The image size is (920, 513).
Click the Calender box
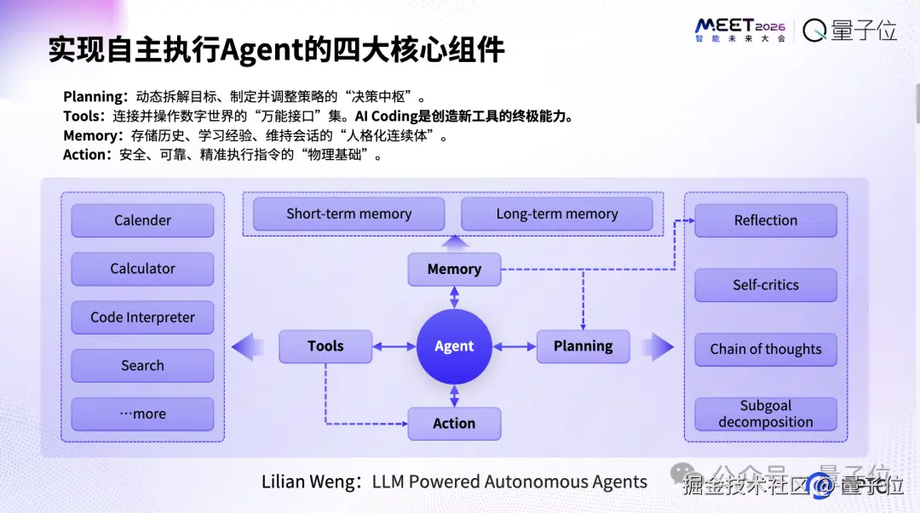(142, 220)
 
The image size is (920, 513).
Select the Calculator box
(142, 269)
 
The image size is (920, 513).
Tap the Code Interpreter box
(142, 317)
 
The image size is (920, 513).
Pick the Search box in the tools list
(142, 365)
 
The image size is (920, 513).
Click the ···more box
(142, 414)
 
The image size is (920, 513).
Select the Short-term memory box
(349, 214)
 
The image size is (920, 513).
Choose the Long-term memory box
(557, 214)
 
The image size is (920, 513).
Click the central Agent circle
(454, 346)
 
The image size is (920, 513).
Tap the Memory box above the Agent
(454, 269)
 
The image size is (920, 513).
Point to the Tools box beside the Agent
(325, 346)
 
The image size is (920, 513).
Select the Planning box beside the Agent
(584, 346)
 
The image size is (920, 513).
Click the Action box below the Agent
(454, 424)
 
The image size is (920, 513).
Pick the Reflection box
(766, 220)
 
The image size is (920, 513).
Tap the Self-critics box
(766, 285)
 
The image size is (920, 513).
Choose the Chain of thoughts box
(766, 350)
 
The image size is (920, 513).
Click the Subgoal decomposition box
(766, 414)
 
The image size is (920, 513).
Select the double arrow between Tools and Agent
(394, 346)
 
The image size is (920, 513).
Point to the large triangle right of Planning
(658, 346)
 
